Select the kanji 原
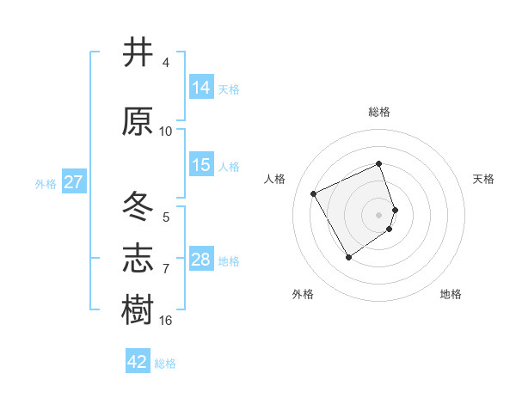click(138, 121)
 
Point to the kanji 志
click(138, 259)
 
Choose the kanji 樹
click(138, 310)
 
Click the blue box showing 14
click(201, 88)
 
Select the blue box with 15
click(201, 165)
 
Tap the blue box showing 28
click(201, 260)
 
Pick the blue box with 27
click(73, 182)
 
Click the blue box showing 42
click(138, 362)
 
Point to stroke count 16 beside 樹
click(166, 321)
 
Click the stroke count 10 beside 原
click(166, 132)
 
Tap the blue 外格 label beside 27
click(46, 183)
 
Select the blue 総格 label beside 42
click(165, 363)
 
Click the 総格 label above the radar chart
click(378, 113)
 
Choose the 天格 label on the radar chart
click(484, 179)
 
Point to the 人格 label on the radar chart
click(274, 179)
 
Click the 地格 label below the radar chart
click(451, 295)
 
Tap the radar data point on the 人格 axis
click(314, 193)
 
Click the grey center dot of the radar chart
click(378, 214)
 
